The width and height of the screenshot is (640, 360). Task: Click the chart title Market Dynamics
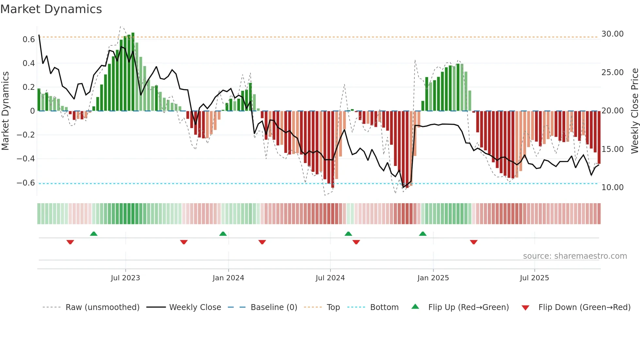[51, 9]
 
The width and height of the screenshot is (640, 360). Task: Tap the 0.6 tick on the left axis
[28, 40]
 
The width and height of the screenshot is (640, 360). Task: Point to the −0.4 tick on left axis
[25, 159]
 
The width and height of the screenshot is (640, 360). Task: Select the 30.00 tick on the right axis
[612, 34]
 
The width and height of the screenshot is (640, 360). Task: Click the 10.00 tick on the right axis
[612, 188]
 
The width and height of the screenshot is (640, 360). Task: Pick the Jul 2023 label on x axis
[125, 278]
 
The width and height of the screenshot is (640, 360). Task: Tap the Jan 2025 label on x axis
[433, 278]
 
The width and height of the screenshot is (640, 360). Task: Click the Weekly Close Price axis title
[634, 111]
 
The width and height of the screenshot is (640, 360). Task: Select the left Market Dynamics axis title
[5, 111]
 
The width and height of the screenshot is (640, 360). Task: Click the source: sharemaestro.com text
[575, 256]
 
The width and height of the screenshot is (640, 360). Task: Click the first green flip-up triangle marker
[94, 234]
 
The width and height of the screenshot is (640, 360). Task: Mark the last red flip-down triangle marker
[474, 242]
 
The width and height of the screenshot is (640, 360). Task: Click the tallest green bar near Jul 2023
[133, 72]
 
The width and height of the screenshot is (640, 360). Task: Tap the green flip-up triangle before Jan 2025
[423, 234]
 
